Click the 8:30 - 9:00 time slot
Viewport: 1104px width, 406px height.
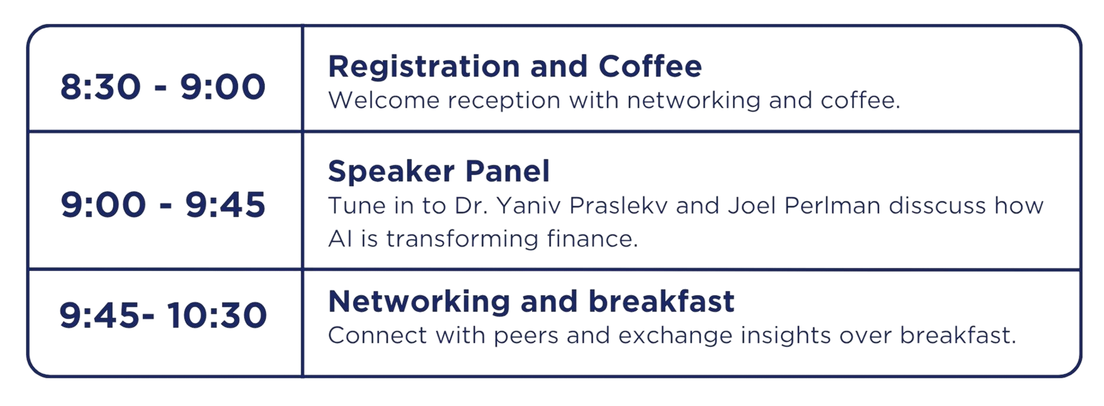(163, 87)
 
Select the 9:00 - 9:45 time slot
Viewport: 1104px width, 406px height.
(163, 205)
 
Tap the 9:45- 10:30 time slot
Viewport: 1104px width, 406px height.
(163, 315)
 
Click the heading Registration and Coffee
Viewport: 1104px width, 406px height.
(515, 66)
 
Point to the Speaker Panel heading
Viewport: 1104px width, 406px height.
(439, 171)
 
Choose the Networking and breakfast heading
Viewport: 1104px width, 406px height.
(531, 301)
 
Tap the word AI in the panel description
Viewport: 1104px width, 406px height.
(340, 239)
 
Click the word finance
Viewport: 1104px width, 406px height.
(592, 239)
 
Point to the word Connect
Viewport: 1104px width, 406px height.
(378, 335)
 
